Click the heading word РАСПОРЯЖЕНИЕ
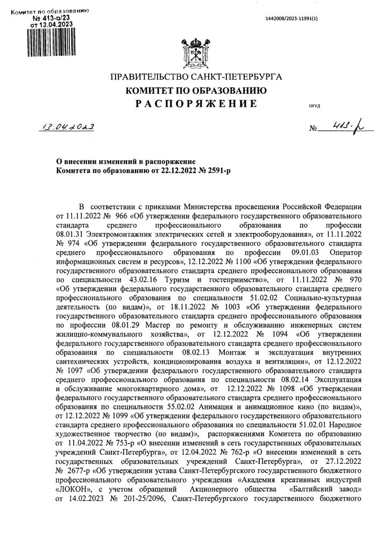[194, 102]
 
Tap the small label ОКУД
[315, 105]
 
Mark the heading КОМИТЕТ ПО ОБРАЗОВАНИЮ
[194, 90]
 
